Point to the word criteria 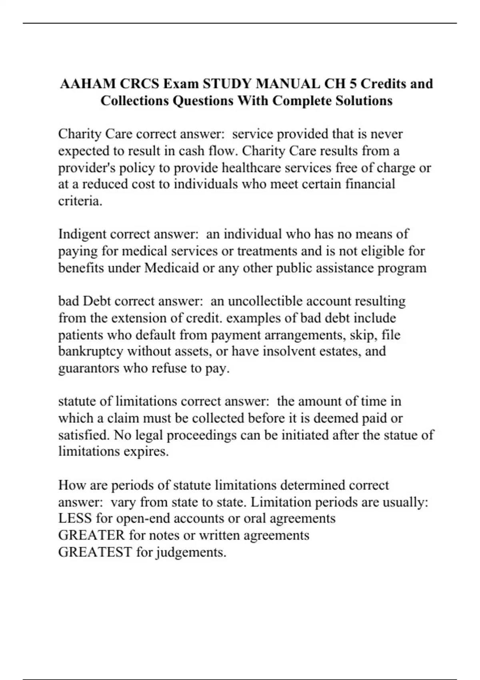pos(80,201)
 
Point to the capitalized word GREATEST pos(95,552)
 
